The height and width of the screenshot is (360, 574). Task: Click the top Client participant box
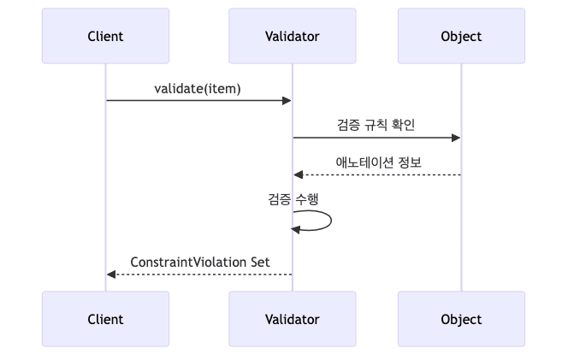(105, 36)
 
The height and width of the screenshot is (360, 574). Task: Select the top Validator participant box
(292, 36)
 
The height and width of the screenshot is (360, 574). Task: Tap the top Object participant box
(461, 36)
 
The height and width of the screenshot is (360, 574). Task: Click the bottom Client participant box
(105, 319)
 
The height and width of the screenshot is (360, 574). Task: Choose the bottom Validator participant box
(292, 319)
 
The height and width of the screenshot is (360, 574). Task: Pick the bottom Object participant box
(461, 319)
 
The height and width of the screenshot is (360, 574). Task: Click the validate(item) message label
(198, 88)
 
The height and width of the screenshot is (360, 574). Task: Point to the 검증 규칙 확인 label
(376, 125)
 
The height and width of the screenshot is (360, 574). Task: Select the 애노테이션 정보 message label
(377, 162)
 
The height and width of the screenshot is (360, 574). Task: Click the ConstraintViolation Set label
(200, 260)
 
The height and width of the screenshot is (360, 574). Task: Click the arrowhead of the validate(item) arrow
(287, 101)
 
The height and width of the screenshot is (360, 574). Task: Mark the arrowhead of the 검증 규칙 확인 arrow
(456, 138)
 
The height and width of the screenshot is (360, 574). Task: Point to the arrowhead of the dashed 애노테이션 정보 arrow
(298, 174)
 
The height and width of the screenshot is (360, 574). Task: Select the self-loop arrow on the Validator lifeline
(328, 221)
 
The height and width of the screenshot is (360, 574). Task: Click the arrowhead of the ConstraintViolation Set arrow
(111, 274)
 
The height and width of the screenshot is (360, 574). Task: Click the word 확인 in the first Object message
(402, 125)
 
